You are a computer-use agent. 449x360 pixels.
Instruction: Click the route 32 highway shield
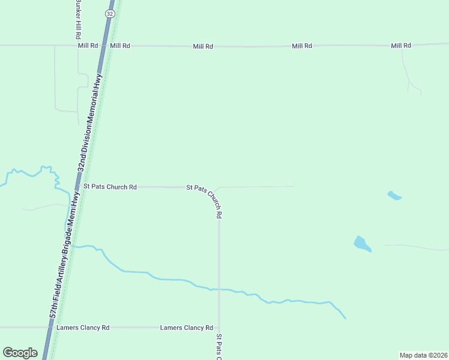(x=109, y=13)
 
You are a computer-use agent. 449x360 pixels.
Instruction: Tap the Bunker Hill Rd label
(x=77, y=17)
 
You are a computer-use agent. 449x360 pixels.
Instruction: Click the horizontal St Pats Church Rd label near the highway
(x=110, y=187)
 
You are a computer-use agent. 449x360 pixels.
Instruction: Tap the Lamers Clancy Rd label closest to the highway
(x=83, y=328)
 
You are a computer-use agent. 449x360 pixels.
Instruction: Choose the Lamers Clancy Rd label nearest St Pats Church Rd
(x=186, y=328)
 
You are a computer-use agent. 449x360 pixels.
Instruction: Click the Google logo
(x=20, y=353)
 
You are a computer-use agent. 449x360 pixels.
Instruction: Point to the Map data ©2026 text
(x=423, y=355)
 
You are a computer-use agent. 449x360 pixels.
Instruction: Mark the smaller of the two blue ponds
(x=394, y=196)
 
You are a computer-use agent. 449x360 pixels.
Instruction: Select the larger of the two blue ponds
(x=362, y=244)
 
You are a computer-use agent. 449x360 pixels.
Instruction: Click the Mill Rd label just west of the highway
(x=88, y=46)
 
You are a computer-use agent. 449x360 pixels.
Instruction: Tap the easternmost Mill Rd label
(x=400, y=46)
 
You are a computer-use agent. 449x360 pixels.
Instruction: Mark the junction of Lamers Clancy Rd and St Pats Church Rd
(x=219, y=328)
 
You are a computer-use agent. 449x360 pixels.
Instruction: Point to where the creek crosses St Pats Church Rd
(x=219, y=289)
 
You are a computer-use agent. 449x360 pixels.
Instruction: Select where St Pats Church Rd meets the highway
(x=78, y=187)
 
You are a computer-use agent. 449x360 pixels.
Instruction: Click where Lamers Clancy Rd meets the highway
(x=49, y=328)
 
